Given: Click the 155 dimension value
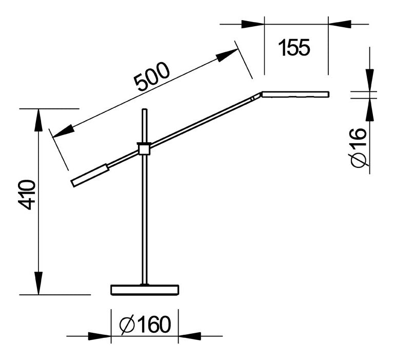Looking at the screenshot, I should pyautogui.click(x=294, y=48).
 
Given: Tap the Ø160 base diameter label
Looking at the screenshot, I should pyautogui.click(x=144, y=325).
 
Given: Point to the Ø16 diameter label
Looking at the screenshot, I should pyautogui.click(x=360, y=147).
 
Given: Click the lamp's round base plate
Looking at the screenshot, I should pyautogui.click(x=145, y=290).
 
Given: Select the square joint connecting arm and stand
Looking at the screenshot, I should pyautogui.click(x=144, y=149).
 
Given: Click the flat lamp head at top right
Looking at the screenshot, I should pyautogui.click(x=295, y=94).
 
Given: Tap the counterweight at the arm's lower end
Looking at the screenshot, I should pyautogui.click(x=90, y=175).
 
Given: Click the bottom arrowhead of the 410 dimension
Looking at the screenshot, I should pyautogui.click(x=38, y=284).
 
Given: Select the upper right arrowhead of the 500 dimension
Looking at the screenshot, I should pyautogui.click(x=228, y=55).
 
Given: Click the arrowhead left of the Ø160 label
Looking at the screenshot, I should pyautogui.click(x=100, y=336).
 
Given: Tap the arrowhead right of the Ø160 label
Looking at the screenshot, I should pyautogui.click(x=189, y=336).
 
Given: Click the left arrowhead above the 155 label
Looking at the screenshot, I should pyautogui.click(x=252, y=24).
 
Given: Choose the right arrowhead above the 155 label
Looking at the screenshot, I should pyautogui.click(x=340, y=24).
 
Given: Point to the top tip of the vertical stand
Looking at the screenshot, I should pyautogui.click(x=144, y=110).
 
